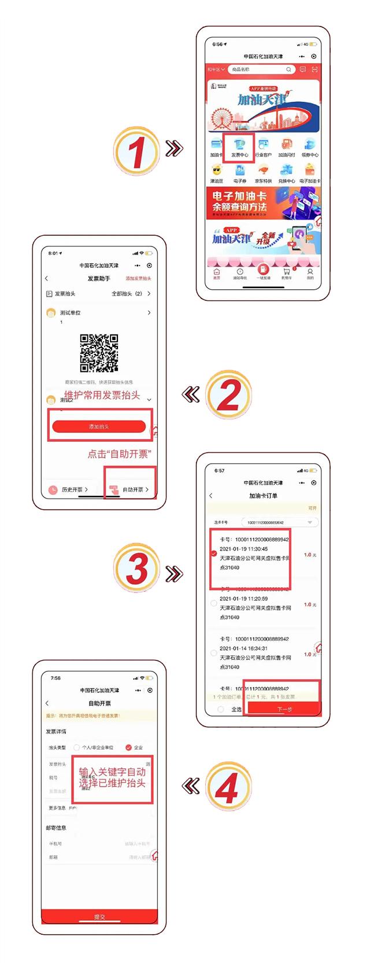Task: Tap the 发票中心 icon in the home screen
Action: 239,146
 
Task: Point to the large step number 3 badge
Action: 136,569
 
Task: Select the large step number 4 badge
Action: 228,785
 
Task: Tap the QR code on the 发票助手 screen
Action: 99,353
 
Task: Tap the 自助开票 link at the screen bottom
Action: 132,489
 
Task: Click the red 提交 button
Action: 99,916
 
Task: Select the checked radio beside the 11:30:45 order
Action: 214,554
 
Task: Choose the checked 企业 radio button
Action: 128,747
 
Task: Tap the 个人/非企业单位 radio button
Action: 77,747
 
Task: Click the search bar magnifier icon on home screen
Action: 288,69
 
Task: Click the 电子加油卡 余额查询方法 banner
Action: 263,202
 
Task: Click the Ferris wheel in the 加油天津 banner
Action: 220,120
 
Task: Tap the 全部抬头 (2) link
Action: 131,294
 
